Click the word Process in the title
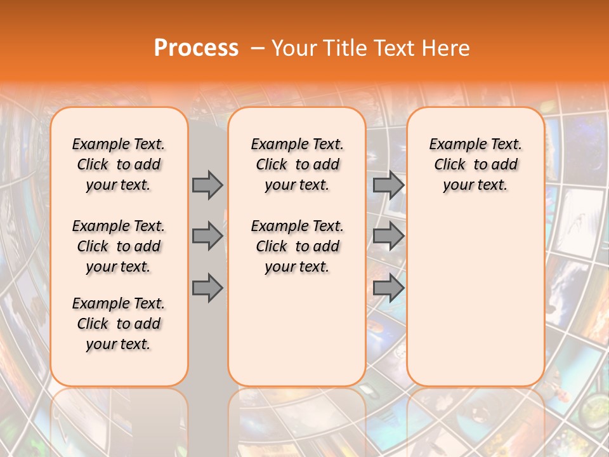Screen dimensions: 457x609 (196, 48)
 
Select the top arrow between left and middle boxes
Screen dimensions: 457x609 (207, 185)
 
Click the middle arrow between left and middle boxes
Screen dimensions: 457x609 (207, 236)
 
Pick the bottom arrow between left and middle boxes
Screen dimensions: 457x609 (207, 288)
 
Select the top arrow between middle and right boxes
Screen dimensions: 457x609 (388, 185)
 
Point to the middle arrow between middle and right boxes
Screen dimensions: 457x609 (388, 236)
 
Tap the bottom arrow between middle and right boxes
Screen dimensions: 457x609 (388, 288)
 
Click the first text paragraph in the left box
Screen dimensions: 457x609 (119, 164)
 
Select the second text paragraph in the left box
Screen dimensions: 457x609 (119, 246)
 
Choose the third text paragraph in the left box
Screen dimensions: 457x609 (119, 324)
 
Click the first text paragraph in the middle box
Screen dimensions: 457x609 (297, 164)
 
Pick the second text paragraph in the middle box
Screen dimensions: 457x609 (297, 246)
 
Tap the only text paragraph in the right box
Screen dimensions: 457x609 (475, 164)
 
